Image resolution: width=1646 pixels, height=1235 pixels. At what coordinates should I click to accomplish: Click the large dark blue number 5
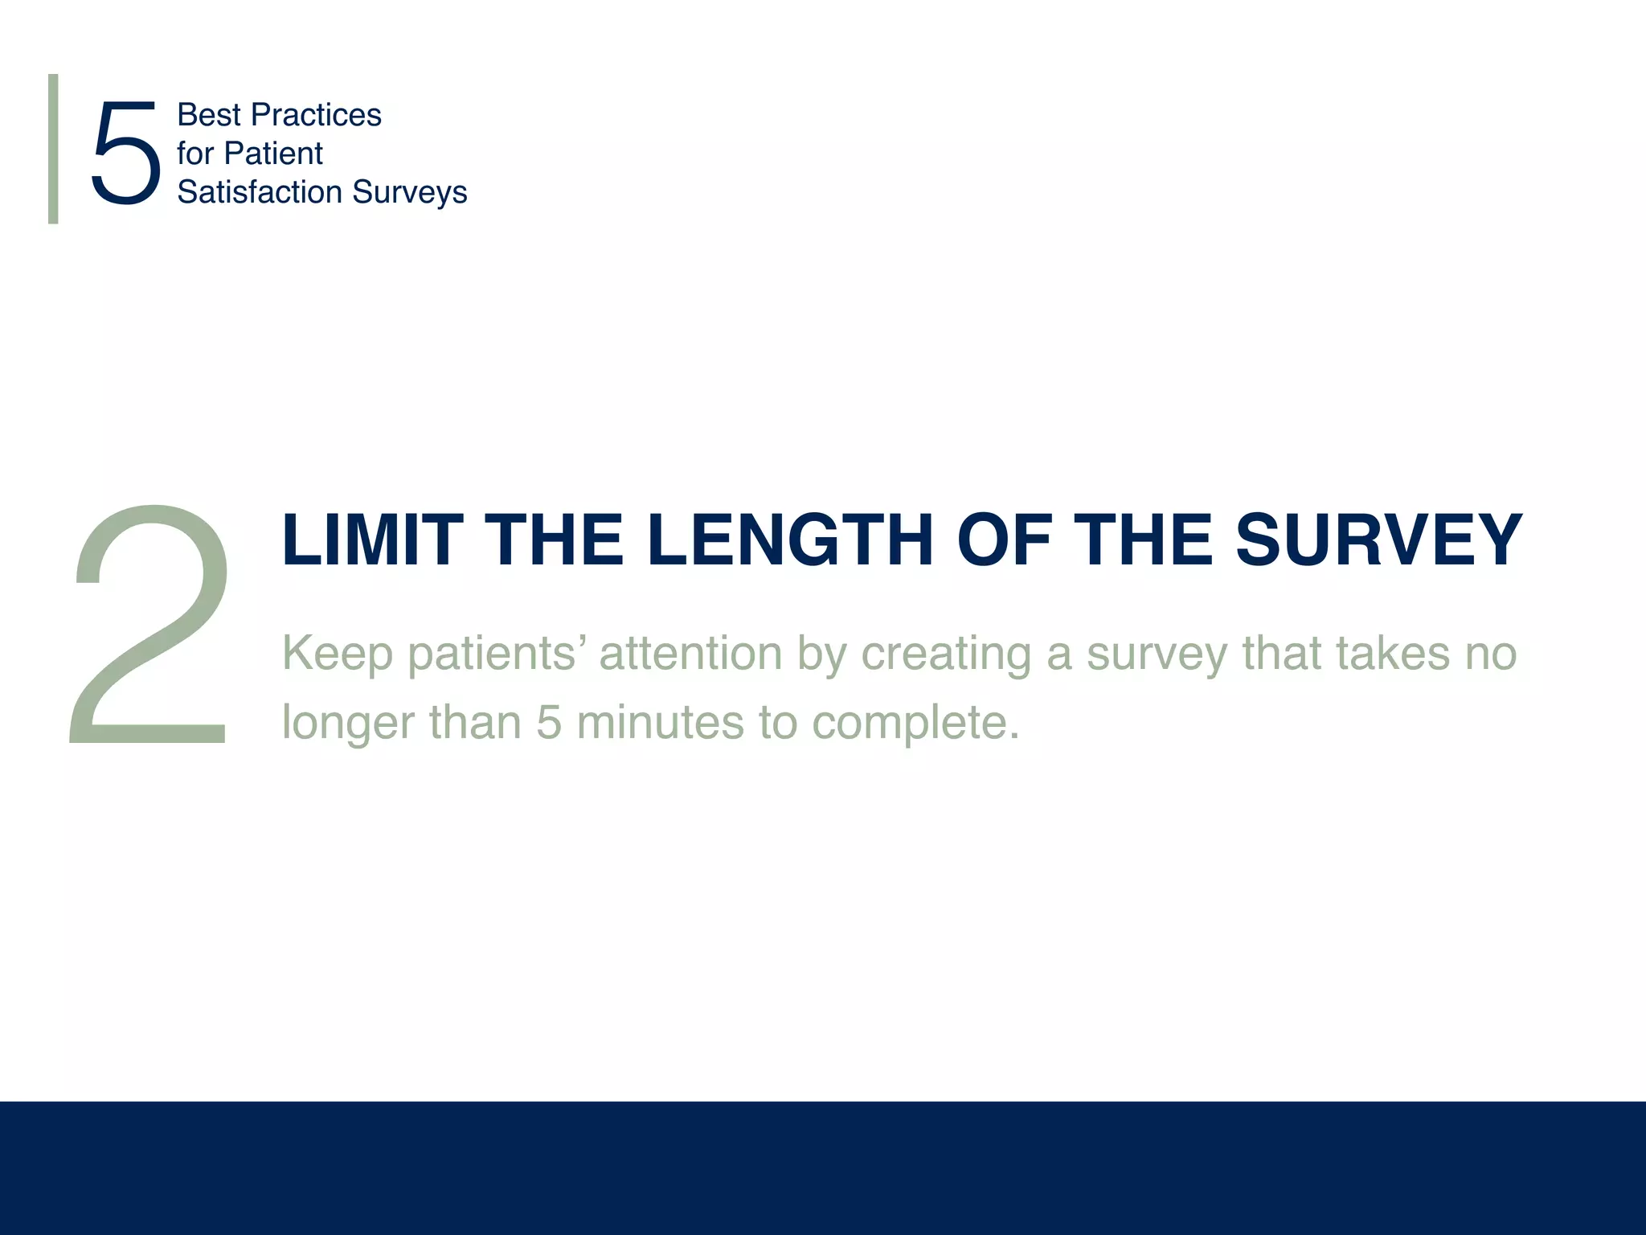pyautogui.click(x=125, y=153)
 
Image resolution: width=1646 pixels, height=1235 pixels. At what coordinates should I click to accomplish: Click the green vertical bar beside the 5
pyautogui.click(x=53, y=149)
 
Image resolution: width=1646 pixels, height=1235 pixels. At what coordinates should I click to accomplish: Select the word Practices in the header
pyautogui.click(x=316, y=115)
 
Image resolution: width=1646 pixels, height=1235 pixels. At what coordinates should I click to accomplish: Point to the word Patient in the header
pyautogui.click(x=273, y=154)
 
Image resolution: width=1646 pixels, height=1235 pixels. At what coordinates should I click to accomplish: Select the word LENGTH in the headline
pyautogui.click(x=789, y=540)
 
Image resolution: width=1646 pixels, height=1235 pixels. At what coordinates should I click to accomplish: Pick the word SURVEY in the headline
pyautogui.click(x=1378, y=540)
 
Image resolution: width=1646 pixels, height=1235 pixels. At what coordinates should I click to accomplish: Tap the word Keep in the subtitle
pyautogui.click(x=337, y=654)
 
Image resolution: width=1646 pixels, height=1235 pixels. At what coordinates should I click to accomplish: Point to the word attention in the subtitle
pyautogui.click(x=690, y=652)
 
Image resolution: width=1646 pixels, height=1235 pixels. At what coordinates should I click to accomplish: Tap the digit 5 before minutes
pyautogui.click(x=549, y=722)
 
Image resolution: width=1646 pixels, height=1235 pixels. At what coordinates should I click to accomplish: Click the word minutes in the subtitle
pyautogui.click(x=660, y=722)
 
